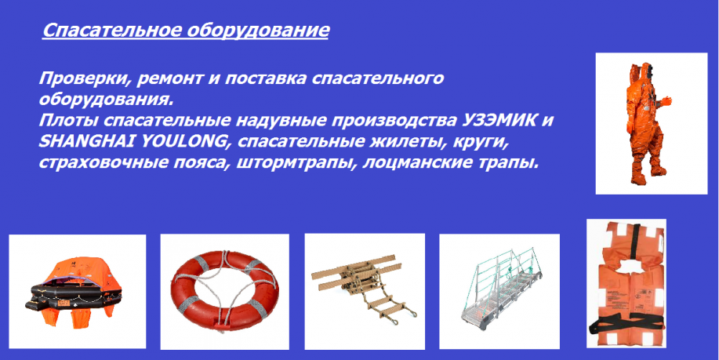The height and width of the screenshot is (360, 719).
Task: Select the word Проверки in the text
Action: [x=81, y=78]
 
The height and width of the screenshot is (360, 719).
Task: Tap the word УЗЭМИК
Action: [x=496, y=121]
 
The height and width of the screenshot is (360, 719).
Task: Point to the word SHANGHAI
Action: [x=86, y=142]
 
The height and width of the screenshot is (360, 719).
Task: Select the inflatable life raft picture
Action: [x=74, y=291]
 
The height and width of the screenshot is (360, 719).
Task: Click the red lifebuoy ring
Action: [x=225, y=290]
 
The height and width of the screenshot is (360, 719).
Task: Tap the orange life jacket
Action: [x=626, y=284]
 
